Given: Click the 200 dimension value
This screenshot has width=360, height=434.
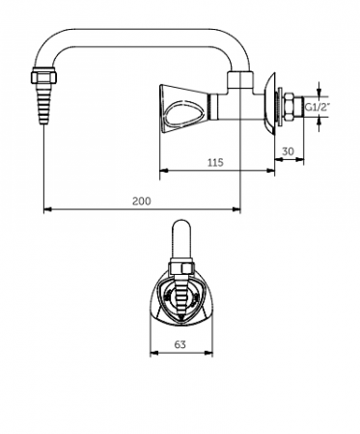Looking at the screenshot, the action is [x=142, y=201].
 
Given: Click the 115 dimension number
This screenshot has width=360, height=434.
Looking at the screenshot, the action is [x=215, y=162].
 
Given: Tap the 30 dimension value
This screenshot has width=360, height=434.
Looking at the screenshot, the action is [x=288, y=150].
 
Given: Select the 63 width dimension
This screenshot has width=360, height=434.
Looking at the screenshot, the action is [x=180, y=344].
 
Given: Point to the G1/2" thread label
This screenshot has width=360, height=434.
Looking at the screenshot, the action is [x=318, y=107].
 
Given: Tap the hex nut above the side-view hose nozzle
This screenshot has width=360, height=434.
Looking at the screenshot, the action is [x=44, y=77].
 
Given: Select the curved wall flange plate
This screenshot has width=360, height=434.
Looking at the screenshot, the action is [x=269, y=103].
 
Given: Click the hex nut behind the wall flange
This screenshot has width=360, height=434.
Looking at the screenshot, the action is [x=289, y=106].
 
